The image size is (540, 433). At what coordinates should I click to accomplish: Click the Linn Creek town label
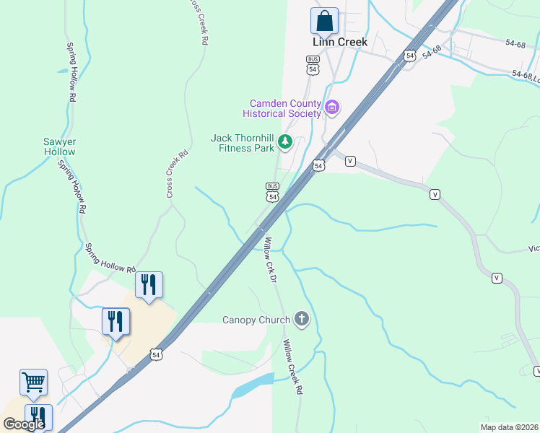point(340,42)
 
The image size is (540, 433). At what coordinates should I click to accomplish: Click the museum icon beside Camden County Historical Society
point(332,108)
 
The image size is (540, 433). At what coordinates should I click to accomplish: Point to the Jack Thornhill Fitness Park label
point(243,143)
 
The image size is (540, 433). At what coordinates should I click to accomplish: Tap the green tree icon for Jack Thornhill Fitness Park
point(285,142)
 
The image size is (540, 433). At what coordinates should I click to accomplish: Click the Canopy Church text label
point(256,320)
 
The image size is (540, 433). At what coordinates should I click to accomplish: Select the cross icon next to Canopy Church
point(302,319)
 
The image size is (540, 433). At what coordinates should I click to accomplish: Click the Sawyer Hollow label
point(59,146)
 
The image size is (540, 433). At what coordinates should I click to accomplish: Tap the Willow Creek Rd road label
point(292,367)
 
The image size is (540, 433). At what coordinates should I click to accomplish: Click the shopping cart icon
point(33,382)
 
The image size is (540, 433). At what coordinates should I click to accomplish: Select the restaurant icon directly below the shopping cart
point(38,417)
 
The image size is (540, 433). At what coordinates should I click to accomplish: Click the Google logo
point(24,424)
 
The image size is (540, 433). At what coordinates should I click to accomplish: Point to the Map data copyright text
point(509,427)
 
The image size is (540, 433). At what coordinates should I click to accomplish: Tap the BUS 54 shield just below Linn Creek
point(313,65)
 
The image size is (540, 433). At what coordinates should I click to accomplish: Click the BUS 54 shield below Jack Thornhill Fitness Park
point(272,192)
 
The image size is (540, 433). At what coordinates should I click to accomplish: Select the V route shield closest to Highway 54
point(350,161)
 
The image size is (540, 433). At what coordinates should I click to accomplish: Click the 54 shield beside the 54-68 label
point(409,56)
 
